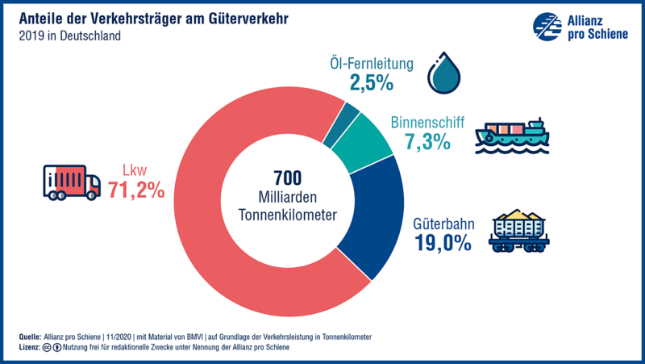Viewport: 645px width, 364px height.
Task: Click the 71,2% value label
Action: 136,190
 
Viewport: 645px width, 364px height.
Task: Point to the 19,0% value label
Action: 443,243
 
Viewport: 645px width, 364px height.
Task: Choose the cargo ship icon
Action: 512,136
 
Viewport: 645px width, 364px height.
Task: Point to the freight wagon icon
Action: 520,231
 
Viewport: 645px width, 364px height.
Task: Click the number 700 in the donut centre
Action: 287,178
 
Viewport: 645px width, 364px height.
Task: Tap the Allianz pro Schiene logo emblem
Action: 547,25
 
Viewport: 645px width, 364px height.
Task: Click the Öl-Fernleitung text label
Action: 371,62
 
